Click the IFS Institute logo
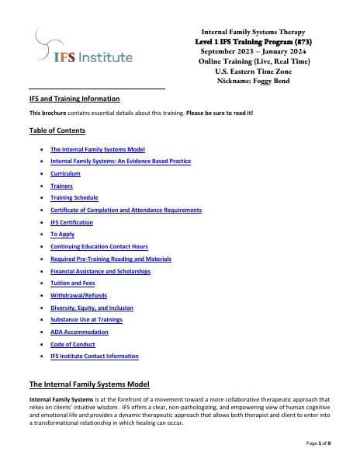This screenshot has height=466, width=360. pyautogui.click(x=84, y=48)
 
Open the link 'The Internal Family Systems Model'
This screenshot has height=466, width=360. pyautogui.click(x=97, y=149)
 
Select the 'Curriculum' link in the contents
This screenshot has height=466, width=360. pyautogui.click(x=65, y=173)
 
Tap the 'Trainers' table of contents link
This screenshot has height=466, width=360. pyautogui.click(x=61, y=186)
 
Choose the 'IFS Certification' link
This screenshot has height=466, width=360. pyautogui.click(x=71, y=222)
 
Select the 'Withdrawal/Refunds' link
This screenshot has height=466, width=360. pyautogui.click(x=78, y=295)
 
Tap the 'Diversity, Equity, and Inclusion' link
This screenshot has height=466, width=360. pyautogui.click(x=92, y=308)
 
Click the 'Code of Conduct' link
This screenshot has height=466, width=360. pyautogui.click(x=72, y=344)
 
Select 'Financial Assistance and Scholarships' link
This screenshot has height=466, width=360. pyautogui.click(x=100, y=271)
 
